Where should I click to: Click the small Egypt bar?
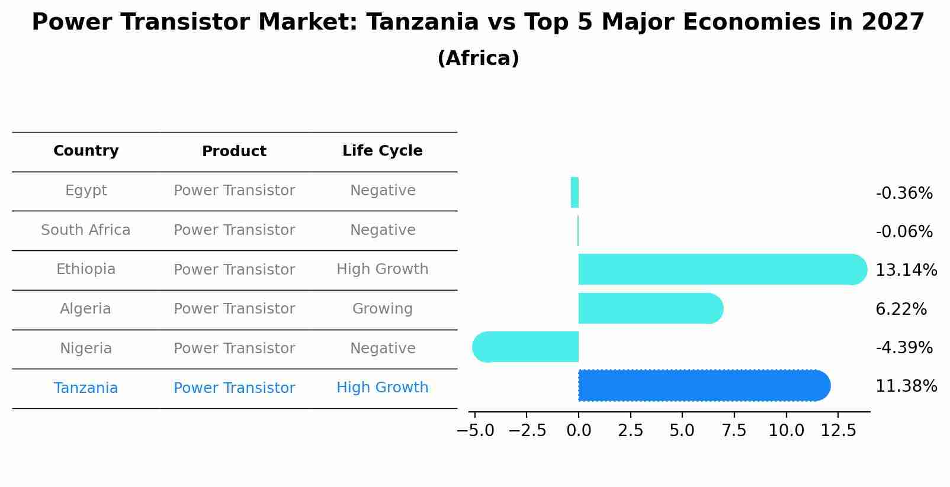point(575,192)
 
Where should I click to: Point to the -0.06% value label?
point(904,231)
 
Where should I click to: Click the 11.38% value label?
point(906,386)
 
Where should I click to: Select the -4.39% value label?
point(904,347)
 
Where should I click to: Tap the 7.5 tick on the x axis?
point(734,431)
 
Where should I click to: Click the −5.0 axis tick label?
point(475,431)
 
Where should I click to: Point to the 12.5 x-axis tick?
point(837,431)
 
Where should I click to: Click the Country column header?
point(86,151)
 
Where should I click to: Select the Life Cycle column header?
point(382,151)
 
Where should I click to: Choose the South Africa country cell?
point(86,230)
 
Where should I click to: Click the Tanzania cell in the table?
point(86,388)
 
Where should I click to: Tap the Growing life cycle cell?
point(382,309)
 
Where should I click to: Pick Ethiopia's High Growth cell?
point(382,269)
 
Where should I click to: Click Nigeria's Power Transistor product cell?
point(234,349)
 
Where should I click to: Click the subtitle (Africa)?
point(478,59)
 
